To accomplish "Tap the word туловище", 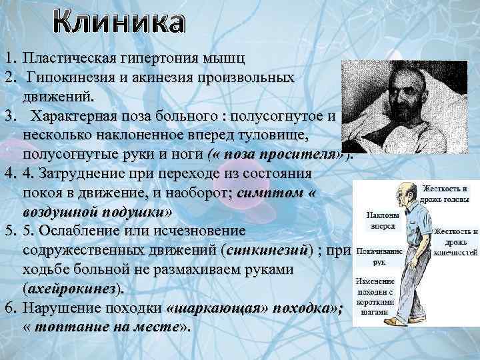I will click(x=275, y=136).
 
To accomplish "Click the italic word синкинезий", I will click(x=269, y=252).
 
